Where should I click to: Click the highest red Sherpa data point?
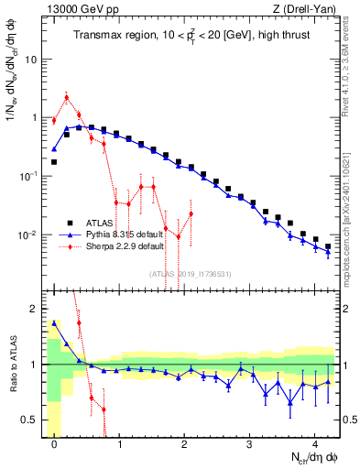(66, 97)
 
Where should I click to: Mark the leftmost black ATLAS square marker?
(54, 162)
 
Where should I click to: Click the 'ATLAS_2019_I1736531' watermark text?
(183, 272)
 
